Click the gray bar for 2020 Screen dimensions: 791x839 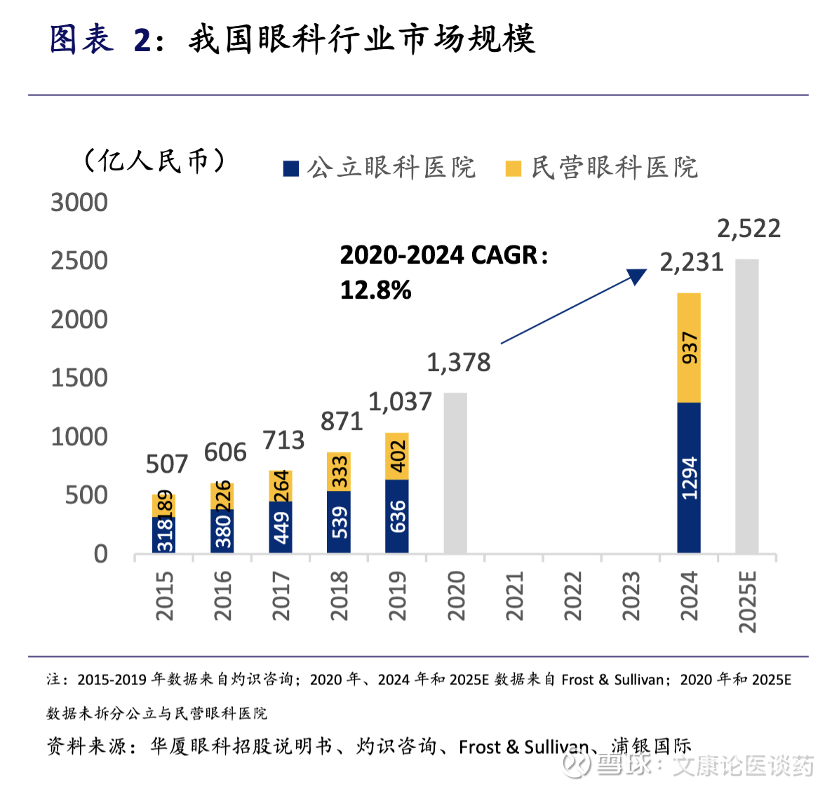point(455,473)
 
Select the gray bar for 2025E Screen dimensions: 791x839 point(747,407)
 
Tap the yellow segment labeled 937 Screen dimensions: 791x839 point(689,348)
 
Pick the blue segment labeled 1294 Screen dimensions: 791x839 point(689,478)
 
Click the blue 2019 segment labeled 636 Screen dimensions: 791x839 point(397,517)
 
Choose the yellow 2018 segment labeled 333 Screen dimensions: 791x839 point(339,472)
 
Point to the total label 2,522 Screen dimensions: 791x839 point(749,229)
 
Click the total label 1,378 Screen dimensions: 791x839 point(458,363)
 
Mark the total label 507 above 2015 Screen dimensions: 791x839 point(167,464)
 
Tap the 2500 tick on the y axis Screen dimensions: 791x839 point(79,261)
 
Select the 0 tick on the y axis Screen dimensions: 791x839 point(101,555)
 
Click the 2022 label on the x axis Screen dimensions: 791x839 point(572,596)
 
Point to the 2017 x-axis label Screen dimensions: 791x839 point(281,596)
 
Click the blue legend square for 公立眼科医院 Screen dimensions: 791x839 point(291,168)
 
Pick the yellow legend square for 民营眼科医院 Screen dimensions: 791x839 point(514,168)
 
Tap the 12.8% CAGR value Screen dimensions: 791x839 point(375,290)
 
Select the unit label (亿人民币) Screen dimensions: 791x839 point(154,161)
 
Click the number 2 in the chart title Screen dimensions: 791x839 point(142,40)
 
